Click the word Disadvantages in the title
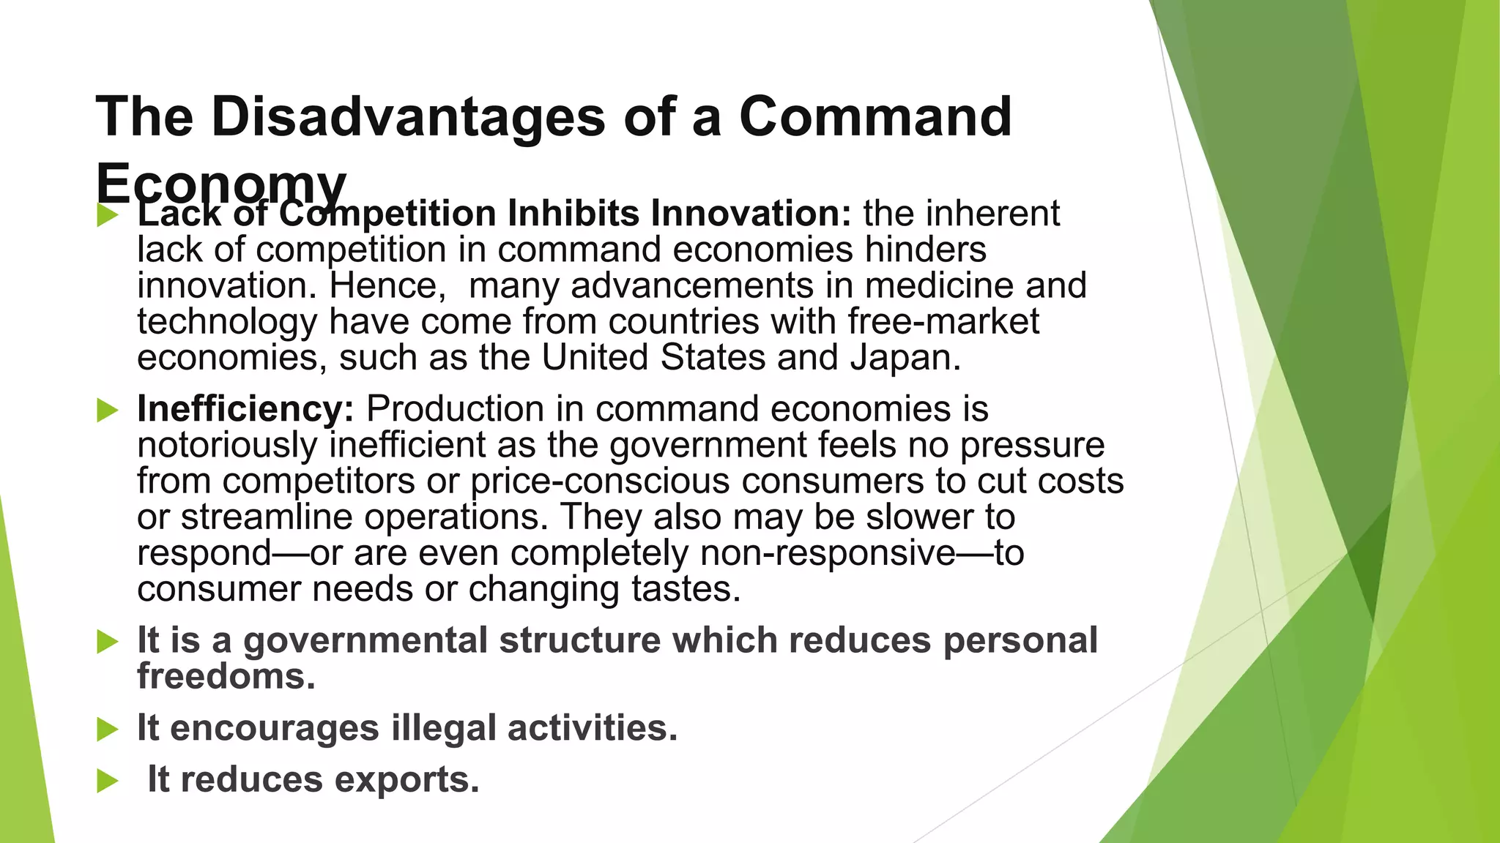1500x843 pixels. (409, 117)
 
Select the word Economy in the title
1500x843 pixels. (220, 183)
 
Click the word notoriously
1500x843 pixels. (227, 445)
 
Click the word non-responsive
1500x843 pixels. (828, 552)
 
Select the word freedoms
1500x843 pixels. (226, 675)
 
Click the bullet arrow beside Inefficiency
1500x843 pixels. (107, 411)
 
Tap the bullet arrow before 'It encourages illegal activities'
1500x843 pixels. (107, 730)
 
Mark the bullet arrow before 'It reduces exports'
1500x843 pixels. (107, 781)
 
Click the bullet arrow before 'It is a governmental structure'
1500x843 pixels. (107, 642)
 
